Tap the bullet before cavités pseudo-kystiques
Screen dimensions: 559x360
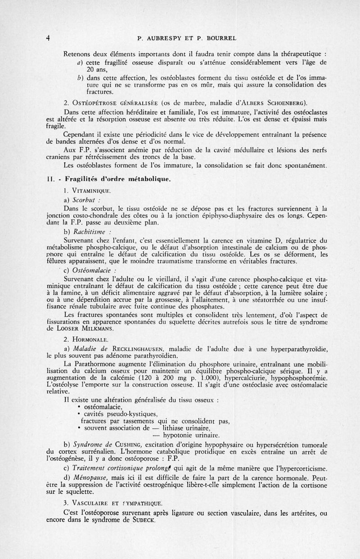click(x=79, y=414)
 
